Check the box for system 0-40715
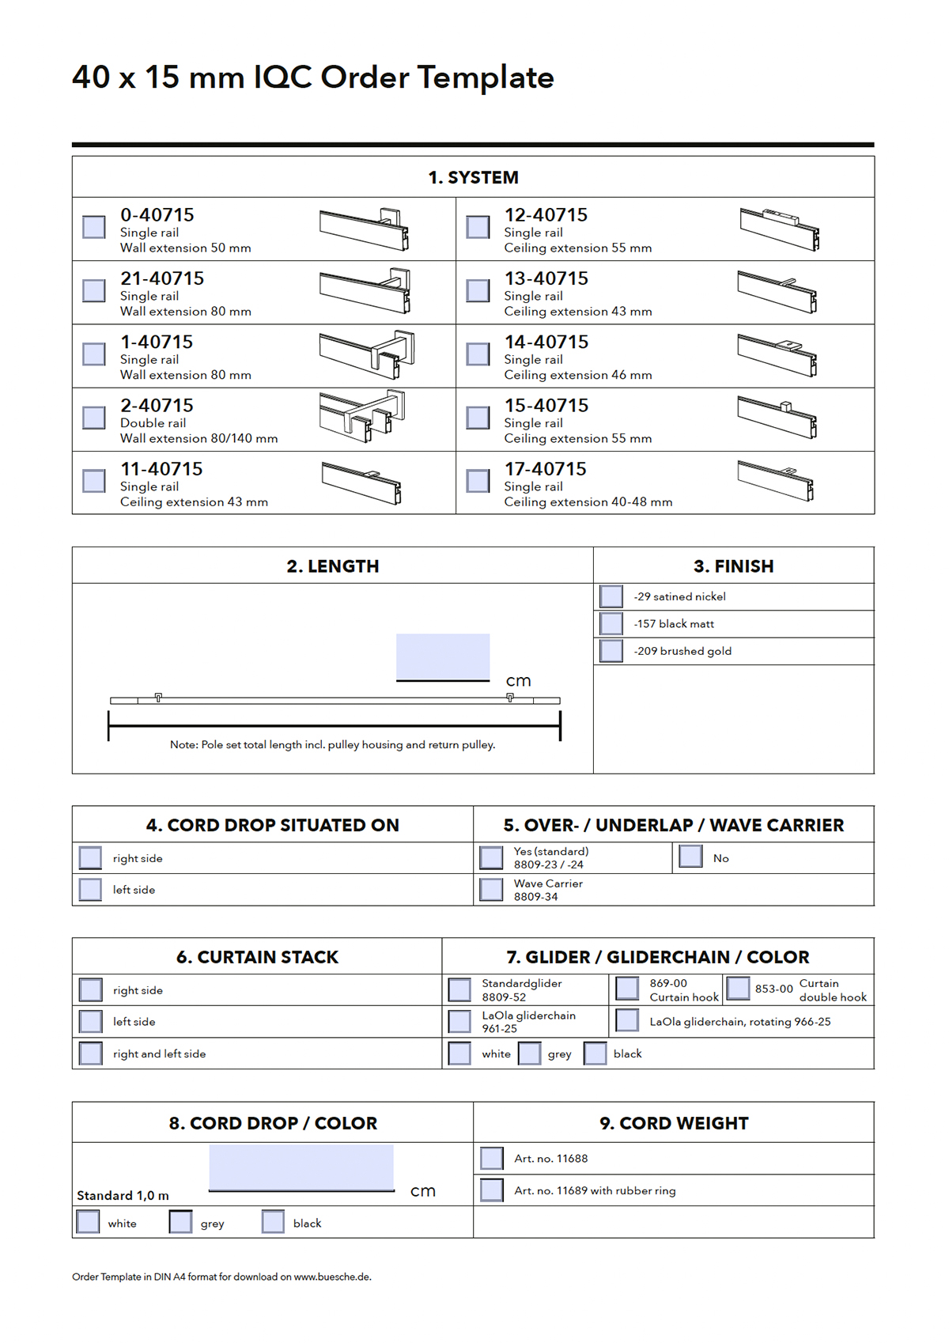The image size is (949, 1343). [x=94, y=227]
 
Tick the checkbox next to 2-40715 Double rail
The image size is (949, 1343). [x=94, y=418]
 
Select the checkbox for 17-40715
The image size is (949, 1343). [x=478, y=481]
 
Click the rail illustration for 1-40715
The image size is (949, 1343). [x=367, y=351]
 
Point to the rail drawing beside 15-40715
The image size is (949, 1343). [x=777, y=417]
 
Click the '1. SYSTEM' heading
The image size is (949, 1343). [x=473, y=177]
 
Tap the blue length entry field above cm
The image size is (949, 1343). [x=443, y=656]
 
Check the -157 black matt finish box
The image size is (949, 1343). [x=611, y=624]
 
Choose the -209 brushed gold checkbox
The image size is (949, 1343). [x=611, y=651]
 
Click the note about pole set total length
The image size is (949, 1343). [x=332, y=745]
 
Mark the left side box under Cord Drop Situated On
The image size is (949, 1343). [x=91, y=890]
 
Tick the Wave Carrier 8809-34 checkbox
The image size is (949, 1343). [x=491, y=890]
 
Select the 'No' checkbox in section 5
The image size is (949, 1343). [x=690, y=857]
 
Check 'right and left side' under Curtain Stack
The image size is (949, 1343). [x=91, y=1054]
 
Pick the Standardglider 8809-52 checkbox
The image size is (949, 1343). [x=459, y=989]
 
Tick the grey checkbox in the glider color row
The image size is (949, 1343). [x=529, y=1054]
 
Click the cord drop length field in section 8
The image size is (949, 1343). [x=301, y=1167]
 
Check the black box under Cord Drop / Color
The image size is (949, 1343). [x=273, y=1222]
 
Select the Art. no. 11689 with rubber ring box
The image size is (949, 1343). [x=492, y=1190]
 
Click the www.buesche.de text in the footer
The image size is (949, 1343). [x=332, y=1277]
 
